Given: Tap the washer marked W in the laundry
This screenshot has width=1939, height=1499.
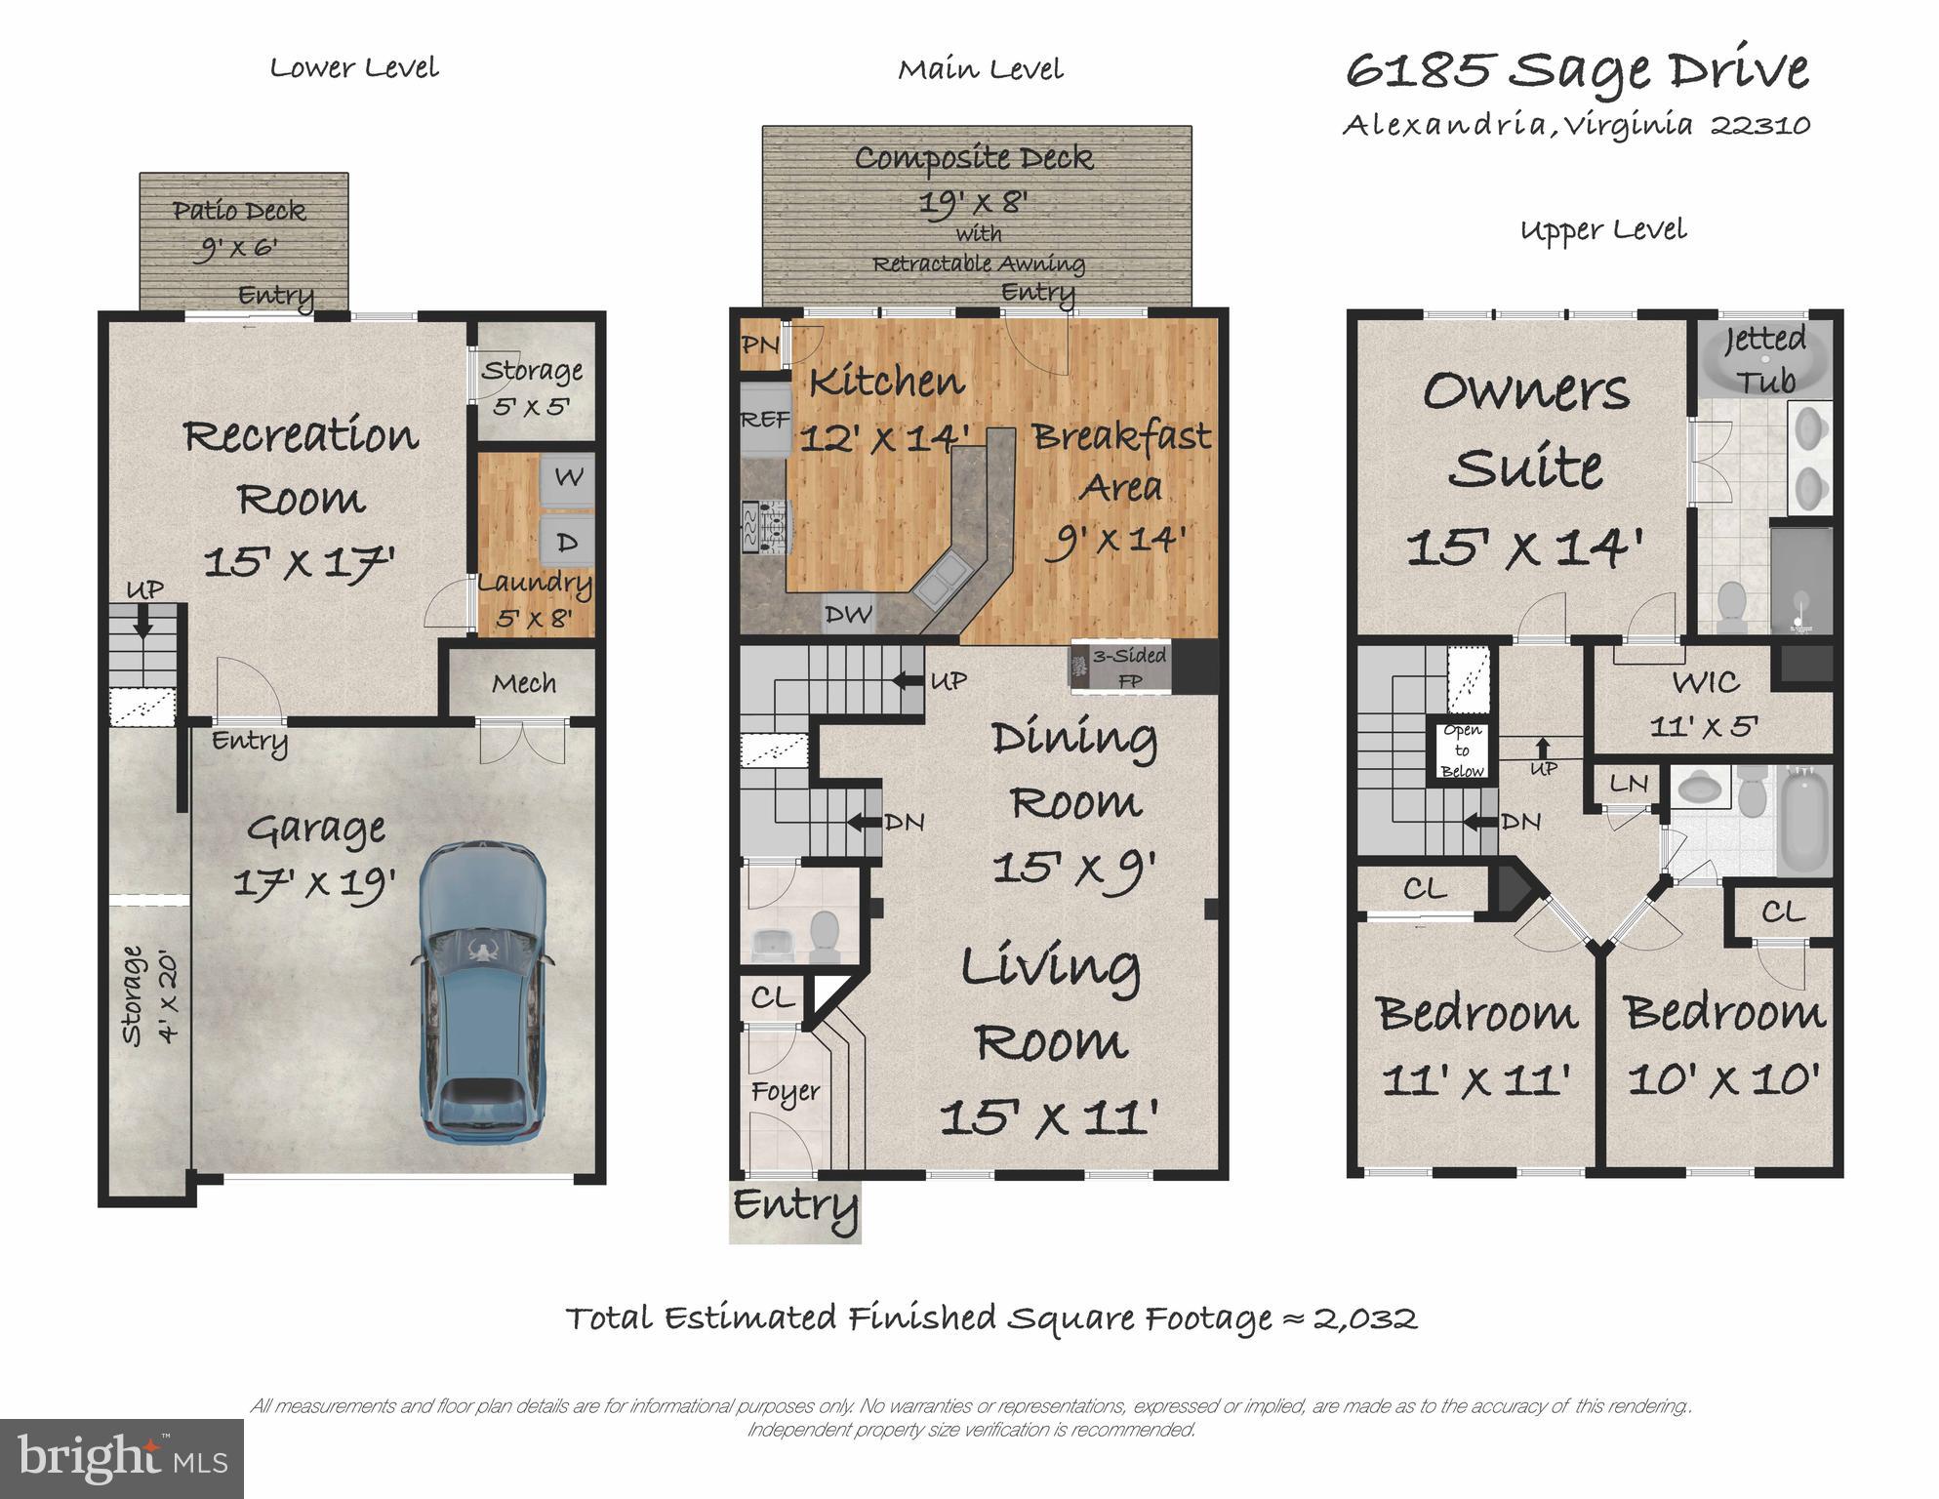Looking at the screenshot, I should (568, 478).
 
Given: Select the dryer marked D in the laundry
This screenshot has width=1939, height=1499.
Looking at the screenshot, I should (568, 541).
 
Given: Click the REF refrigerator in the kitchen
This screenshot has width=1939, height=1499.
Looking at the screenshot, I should (765, 421).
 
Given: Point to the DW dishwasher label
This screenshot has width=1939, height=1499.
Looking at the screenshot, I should (847, 614).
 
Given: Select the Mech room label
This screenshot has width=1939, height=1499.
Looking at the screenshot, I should (524, 683).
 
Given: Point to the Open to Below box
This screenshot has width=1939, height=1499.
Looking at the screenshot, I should (1461, 750).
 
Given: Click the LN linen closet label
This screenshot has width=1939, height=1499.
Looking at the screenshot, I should (1628, 783).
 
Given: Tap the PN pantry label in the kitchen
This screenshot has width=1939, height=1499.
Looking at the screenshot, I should (760, 344).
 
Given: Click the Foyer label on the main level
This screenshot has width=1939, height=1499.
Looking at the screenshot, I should (785, 1091).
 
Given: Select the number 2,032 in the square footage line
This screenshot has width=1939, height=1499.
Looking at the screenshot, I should (1364, 1319).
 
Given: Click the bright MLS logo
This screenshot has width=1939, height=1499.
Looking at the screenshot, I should (121, 1458).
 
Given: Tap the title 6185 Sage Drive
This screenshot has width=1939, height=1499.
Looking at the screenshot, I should (1577, 70).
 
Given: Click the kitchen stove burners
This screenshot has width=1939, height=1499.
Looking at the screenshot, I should (767, 527).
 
